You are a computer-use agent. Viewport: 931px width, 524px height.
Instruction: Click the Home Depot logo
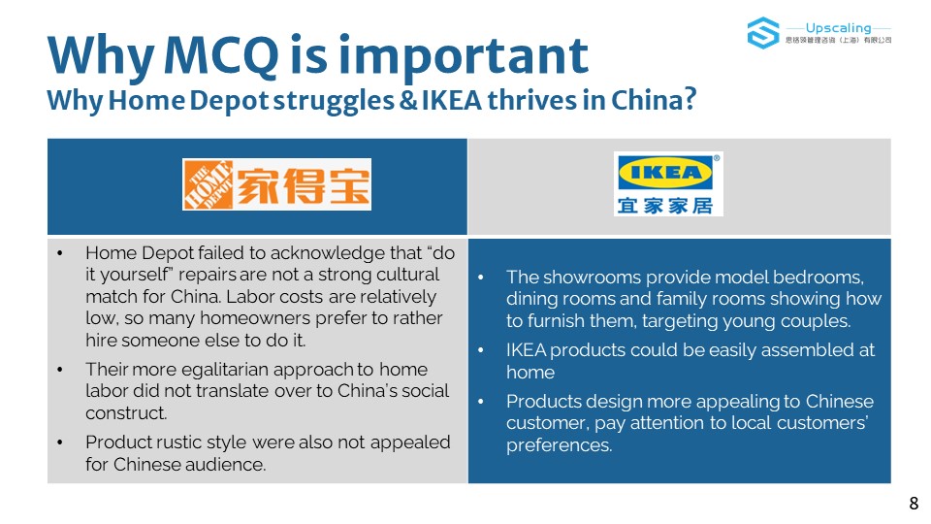[x=276, y=184]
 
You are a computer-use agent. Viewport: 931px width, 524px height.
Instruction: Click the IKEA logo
[x=668, y=184]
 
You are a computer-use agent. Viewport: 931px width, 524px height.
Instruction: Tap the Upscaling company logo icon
[x=763, y=33]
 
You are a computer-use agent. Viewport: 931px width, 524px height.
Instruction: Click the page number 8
[x=914, y=504]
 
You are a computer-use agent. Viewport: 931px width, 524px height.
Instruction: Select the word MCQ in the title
[x=221, y=54]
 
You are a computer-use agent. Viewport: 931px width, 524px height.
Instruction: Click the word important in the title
[x=464, y=56]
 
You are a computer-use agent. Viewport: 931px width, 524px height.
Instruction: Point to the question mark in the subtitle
[x=690, y=99]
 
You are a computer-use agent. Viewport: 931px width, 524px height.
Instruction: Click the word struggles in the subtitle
[x=333, y=101]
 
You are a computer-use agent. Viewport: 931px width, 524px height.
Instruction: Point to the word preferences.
[x=559, y=445]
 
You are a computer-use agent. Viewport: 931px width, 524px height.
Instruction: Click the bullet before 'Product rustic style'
[x=60, y=442]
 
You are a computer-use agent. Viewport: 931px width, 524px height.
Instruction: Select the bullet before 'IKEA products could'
[x=481, y=350]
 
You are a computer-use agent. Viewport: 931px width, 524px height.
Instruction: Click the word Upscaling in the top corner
[x=838, y=28]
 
